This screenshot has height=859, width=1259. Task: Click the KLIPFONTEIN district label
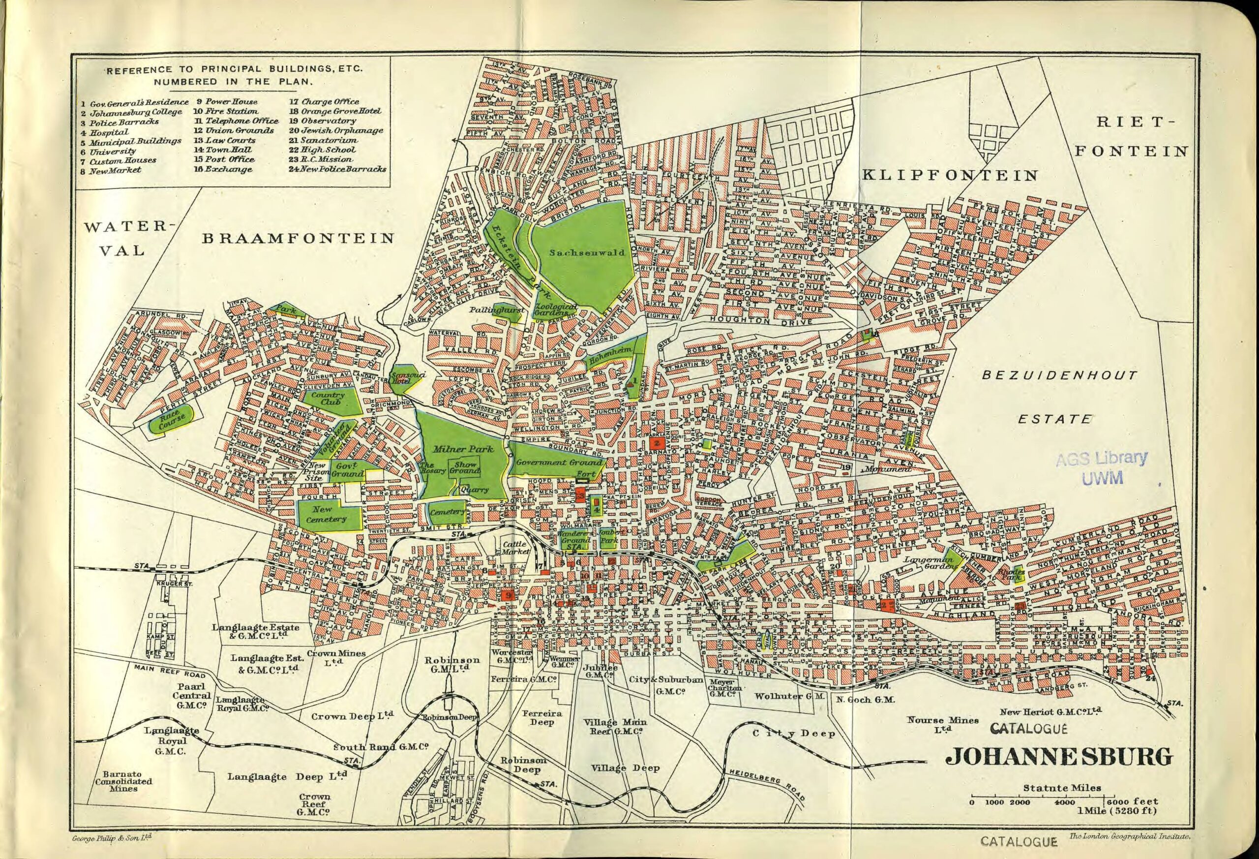(x=950, y=175)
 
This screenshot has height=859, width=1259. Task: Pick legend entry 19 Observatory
(x=322, y=121)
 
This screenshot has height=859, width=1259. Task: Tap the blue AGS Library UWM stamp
(x=1101, y=467)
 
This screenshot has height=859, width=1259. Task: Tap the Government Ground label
(x=559, y=462)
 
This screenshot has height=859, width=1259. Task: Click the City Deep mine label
(x=794, y=734)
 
